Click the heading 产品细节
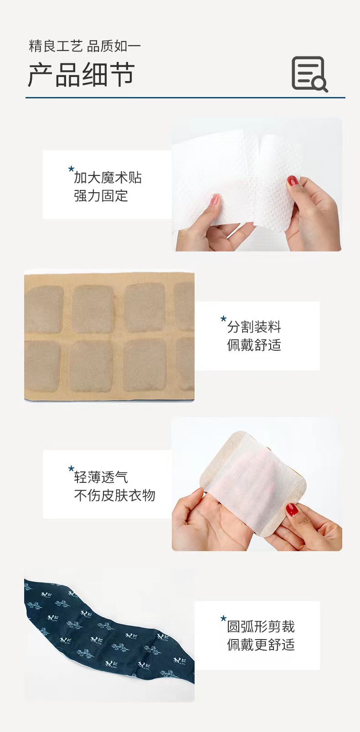[x=81, y=75]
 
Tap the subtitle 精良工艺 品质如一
[x=85, y=46]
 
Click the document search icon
[x=309, y=74]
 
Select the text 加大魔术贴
[x=108, y=178]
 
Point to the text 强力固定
[x=101, y=196]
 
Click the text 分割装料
[x=254, y=327]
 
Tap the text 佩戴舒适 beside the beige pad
[x=254, y=345]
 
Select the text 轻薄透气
[x=101, y=477]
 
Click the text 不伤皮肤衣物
[x=114, y=495]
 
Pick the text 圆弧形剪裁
[x=261, y=626]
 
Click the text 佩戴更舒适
[x=261, y=645]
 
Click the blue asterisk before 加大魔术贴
[x=71, y=170]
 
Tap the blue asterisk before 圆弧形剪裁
[x=223, y=619]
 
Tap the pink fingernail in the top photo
[x=214, y=199]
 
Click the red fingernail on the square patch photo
[x=292, y=509]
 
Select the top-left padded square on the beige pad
[x=44, y=309]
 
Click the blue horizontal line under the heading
[x=185, y=97]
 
